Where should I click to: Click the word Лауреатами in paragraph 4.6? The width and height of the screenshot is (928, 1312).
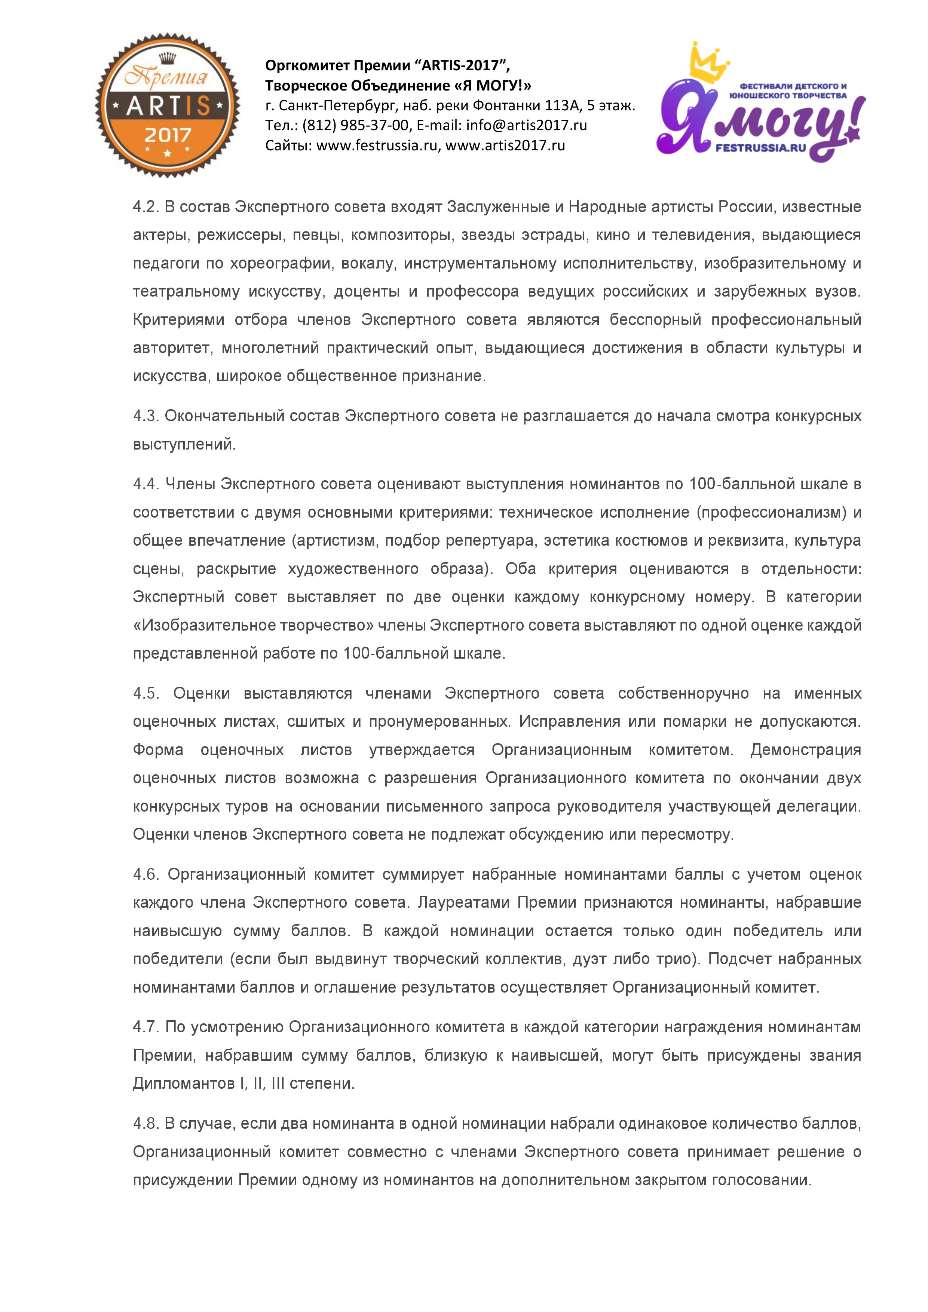[x=463, y=903]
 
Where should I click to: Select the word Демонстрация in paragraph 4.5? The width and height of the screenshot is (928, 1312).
[x=806, y=750]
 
